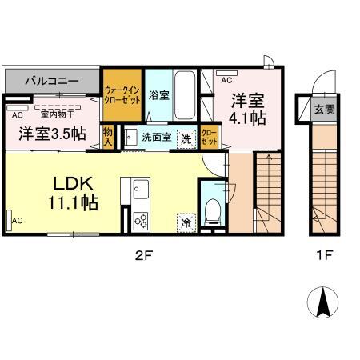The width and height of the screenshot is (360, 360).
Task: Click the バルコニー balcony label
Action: [50, 82]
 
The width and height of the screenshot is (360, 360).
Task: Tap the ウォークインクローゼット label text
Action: [122, 96]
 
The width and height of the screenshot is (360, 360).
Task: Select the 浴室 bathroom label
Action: [158, 95]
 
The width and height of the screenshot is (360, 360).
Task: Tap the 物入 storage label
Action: [106, 135]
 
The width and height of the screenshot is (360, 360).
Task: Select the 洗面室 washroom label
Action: [156, 137]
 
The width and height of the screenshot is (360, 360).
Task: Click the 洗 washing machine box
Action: [186, 137]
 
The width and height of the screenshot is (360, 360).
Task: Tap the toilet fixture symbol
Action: [213, 210]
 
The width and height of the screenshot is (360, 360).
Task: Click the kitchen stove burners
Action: [140, 219]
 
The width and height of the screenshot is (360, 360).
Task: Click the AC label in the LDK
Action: [17, 220]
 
